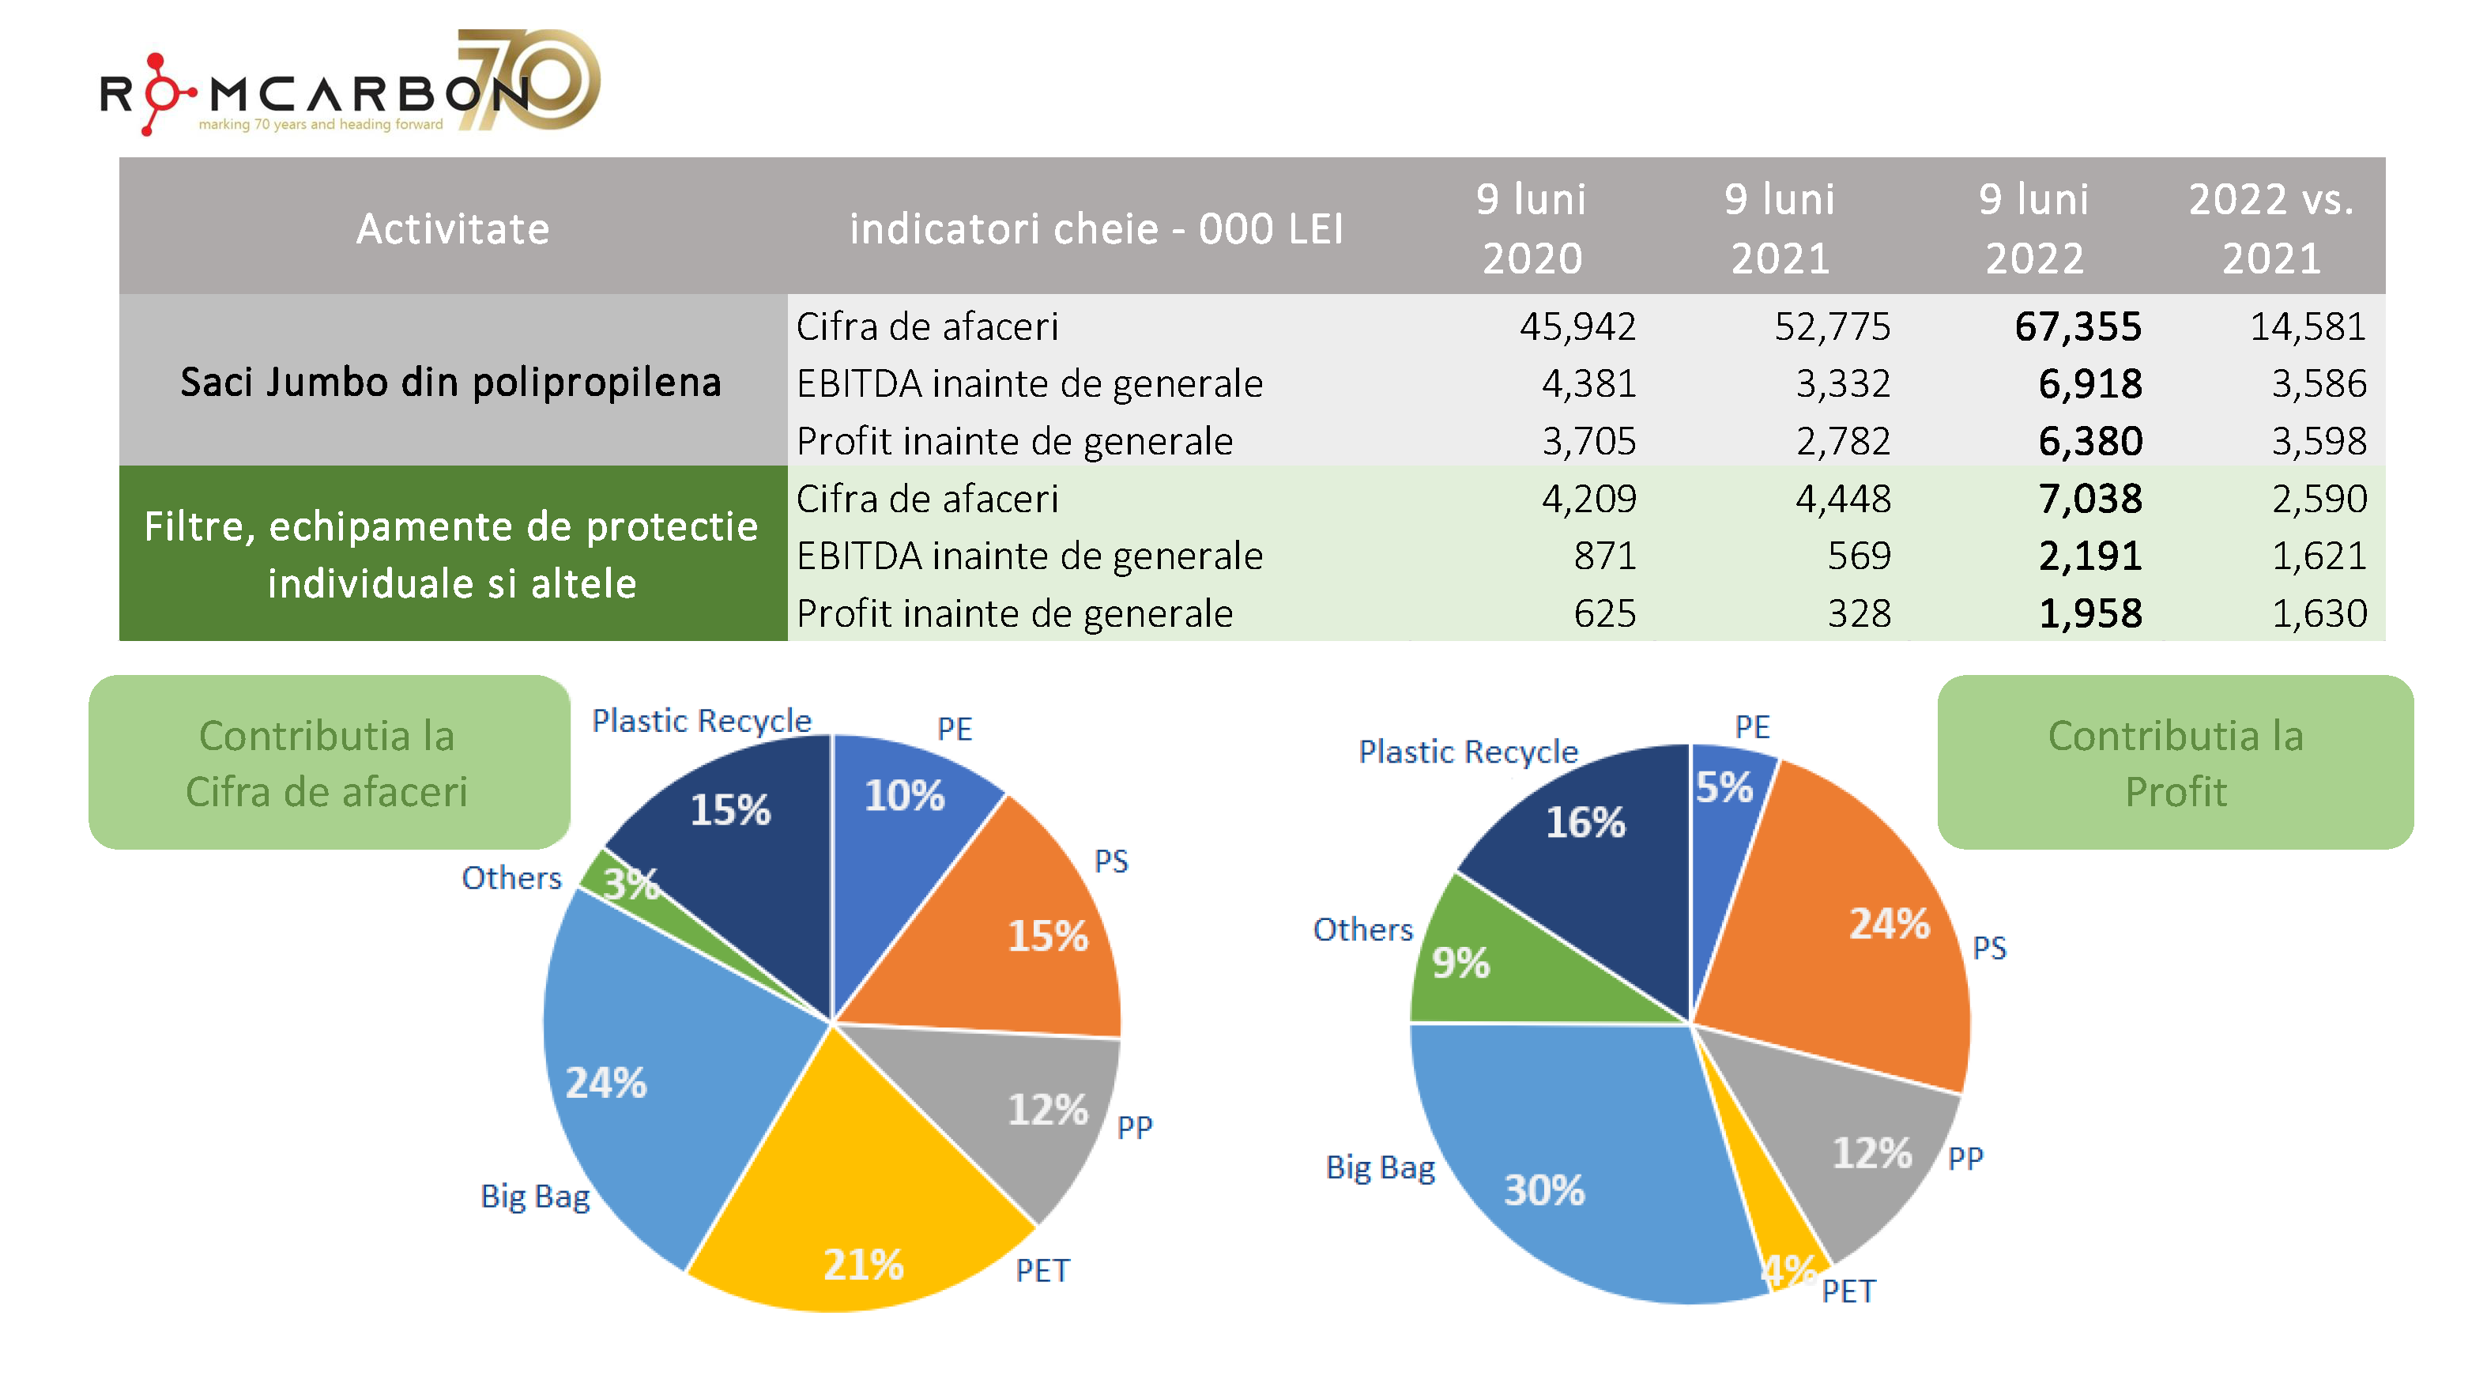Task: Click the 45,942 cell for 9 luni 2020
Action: [x=1577, y=326]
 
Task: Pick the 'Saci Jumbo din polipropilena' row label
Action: [x=451, y=382]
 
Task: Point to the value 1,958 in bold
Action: [x=2089, y=613]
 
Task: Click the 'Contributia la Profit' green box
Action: [x=2174, y=763]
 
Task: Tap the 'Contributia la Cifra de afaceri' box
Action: [x=328, y=763]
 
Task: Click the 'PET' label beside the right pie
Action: [x=1848, y=1291]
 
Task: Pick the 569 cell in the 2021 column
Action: [x=1859, y=556]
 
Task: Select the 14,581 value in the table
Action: [x=2308, y=326]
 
